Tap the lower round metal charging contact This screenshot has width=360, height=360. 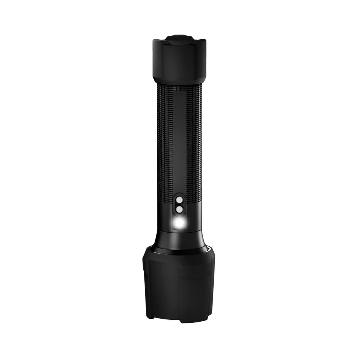click(179, 210)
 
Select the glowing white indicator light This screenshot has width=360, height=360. click(180, 223)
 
